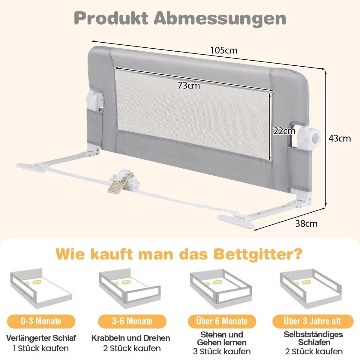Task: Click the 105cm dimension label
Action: point(223,50)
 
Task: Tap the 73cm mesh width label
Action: point(189,85)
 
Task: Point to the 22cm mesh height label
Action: point(284,131)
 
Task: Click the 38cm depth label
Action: point(306,223)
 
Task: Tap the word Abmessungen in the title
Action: point(220,19)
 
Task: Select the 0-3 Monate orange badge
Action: point(41,321)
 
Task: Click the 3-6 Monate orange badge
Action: point(132,321)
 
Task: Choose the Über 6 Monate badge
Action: point(222,321)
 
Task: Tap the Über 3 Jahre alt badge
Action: point(313,321)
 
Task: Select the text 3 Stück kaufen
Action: point(222,351)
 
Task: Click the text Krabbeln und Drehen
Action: point(131,338)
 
